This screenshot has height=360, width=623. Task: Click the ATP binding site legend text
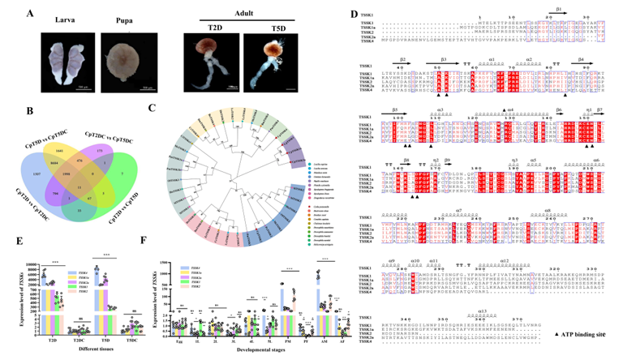(571, 334)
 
